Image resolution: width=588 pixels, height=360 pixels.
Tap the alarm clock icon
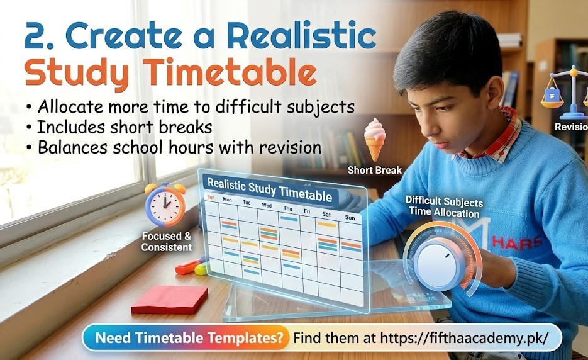coord(165,204)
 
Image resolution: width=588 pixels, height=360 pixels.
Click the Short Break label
coord(375,171)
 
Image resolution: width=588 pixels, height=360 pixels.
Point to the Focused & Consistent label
coord(167,242)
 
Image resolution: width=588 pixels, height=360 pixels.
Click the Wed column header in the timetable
coord(267,205)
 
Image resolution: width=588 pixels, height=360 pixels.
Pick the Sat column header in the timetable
coord(326,214)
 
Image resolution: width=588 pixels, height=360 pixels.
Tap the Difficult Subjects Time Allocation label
coord(444,207)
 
